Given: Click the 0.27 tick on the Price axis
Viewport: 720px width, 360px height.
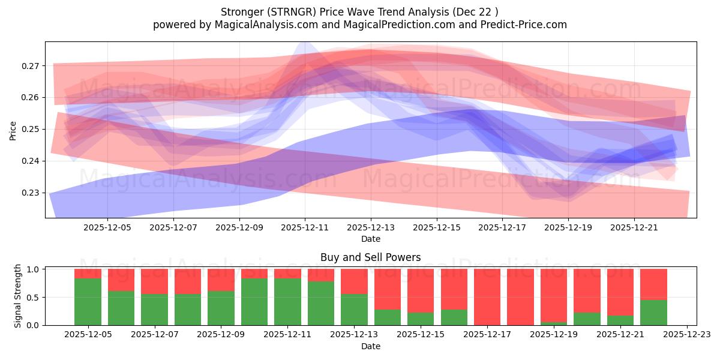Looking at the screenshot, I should tap(31, 66).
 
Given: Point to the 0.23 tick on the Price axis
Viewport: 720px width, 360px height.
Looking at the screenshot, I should tap(31, 193).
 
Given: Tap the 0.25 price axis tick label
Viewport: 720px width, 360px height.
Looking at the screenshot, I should tap(31, 130).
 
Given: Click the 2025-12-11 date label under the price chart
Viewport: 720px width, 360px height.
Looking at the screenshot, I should tap(305, 228).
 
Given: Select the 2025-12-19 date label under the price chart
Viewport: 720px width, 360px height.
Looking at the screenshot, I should tap(568, 228).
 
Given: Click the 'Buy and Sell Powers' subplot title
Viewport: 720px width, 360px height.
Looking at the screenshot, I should tap(370, 257).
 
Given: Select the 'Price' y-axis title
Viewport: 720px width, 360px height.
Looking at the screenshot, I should tap(13, 130).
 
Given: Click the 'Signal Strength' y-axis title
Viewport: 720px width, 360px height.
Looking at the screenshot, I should tap(18, 296).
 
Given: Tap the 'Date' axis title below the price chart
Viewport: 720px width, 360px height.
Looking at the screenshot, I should tap(370, 239).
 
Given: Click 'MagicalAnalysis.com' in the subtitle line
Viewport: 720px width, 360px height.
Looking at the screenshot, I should tap(261, 25).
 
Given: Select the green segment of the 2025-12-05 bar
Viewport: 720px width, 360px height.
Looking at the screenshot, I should tap(88, 302).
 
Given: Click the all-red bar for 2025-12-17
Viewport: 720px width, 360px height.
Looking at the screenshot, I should tap(487, 297).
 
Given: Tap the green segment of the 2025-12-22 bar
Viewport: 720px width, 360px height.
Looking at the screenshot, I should tap(653, 313).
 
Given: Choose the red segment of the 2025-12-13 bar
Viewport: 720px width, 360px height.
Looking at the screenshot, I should tap(354, 281).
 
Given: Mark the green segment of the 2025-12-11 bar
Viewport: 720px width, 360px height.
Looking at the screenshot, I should tap(287, 302).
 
